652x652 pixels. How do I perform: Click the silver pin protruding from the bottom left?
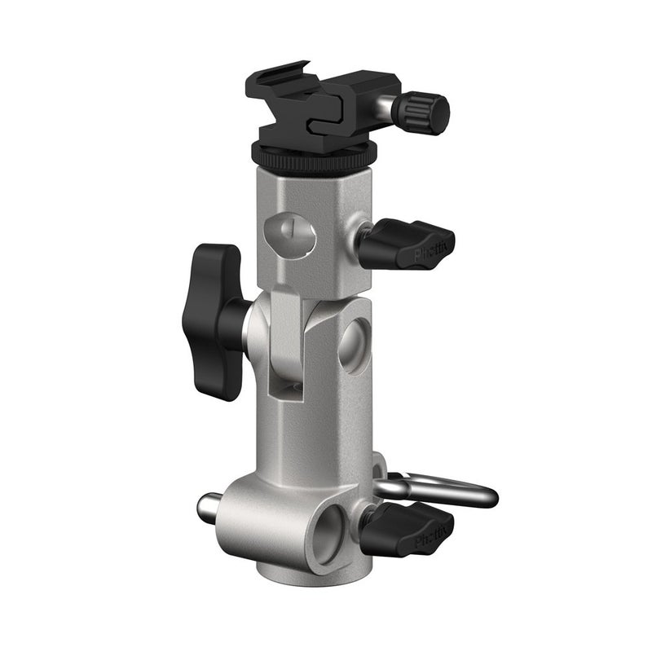210,510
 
